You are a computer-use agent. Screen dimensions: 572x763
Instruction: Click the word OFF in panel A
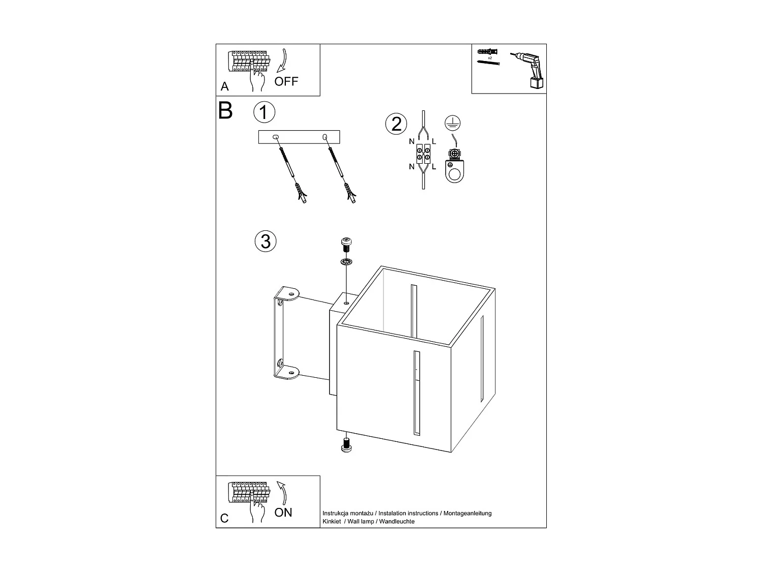[x=286, y=81]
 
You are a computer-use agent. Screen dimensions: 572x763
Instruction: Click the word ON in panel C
[x=283, y=512]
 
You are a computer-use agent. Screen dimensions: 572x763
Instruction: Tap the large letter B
[x=225, y=111]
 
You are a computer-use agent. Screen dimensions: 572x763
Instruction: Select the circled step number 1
[x=264, y=112]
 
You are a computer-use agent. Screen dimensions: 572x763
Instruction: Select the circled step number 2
[x=396, y=124]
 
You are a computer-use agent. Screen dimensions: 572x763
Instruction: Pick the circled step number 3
[x=266, y=241]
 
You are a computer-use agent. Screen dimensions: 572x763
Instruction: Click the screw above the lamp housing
[x=346, y=245]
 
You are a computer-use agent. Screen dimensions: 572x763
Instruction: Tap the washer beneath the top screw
[x=346, y=262]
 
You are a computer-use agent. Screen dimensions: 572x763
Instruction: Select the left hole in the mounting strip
[x=276, y=137]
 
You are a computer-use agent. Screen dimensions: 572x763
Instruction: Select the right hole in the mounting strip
[x=325, y=137]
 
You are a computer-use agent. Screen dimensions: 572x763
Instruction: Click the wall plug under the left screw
[x=300, y=194]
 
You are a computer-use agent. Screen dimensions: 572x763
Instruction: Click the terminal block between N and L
[x=423, y=154]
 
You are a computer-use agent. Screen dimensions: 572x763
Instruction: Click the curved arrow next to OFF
[x=283, y=62]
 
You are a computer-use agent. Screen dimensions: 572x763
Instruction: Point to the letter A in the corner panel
[x=225, y=87]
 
